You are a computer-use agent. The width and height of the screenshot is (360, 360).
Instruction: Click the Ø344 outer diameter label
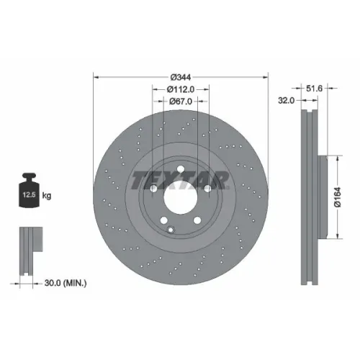click(x=181, y=77)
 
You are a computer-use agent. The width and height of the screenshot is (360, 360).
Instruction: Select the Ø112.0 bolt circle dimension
click(x=181, y=89)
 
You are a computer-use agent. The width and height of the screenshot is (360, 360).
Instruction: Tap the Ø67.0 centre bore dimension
click(x=181, y=102)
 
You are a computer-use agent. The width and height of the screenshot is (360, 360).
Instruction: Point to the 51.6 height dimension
click(x=314, y=89)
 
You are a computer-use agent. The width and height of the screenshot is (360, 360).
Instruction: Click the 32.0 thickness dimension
click(x=286, y=100)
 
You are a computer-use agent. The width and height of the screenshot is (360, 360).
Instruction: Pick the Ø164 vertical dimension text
click(x=338, y=197)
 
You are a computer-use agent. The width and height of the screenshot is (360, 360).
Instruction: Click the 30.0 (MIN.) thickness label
click(x=66, y=283)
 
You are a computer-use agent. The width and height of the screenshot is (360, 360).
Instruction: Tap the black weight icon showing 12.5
click(x=30, y=190)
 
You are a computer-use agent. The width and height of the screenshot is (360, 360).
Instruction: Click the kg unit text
click(x=47, y=195)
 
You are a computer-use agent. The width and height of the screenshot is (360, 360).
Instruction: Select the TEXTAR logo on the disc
click(x=180, y=180)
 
